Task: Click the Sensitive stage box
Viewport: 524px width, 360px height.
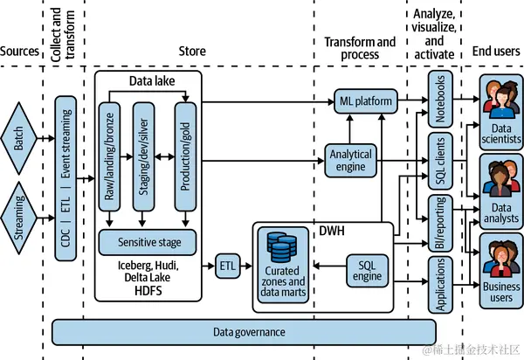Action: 147,239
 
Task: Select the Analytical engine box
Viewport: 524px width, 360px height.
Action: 349,161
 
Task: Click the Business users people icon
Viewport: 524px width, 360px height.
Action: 500,254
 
